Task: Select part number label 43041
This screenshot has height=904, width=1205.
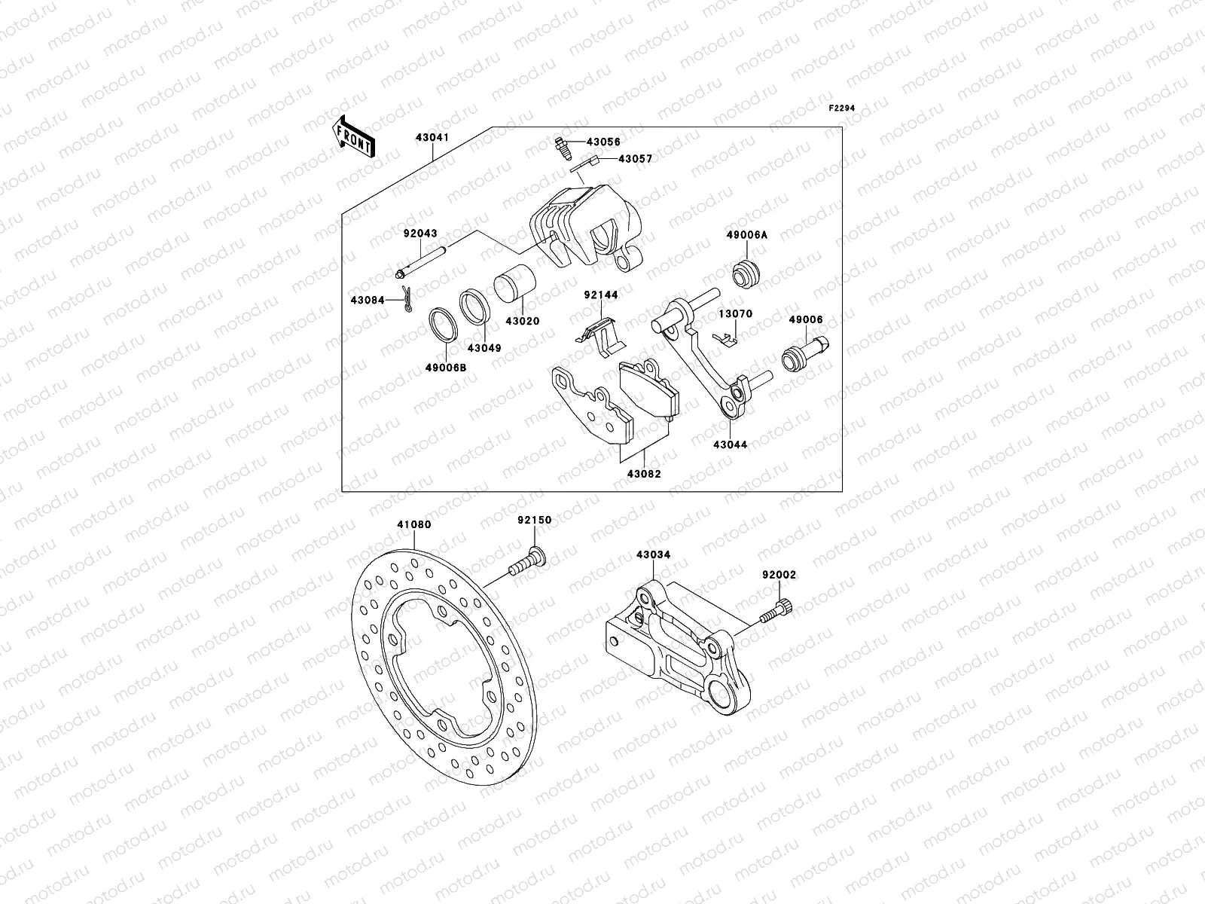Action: click(x=432, y=138)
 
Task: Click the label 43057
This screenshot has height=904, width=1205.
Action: click(x=635, y=159)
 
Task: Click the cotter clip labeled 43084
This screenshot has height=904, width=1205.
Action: click(x=407, y=299)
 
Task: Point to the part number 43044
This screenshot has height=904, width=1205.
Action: click(x=731, y=444)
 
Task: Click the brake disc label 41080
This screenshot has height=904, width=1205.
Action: click(x=414, y=524)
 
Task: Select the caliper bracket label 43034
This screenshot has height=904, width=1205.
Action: click(x=653, y=554)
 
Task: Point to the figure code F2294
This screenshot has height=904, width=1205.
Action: click(x=843, y=108)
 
